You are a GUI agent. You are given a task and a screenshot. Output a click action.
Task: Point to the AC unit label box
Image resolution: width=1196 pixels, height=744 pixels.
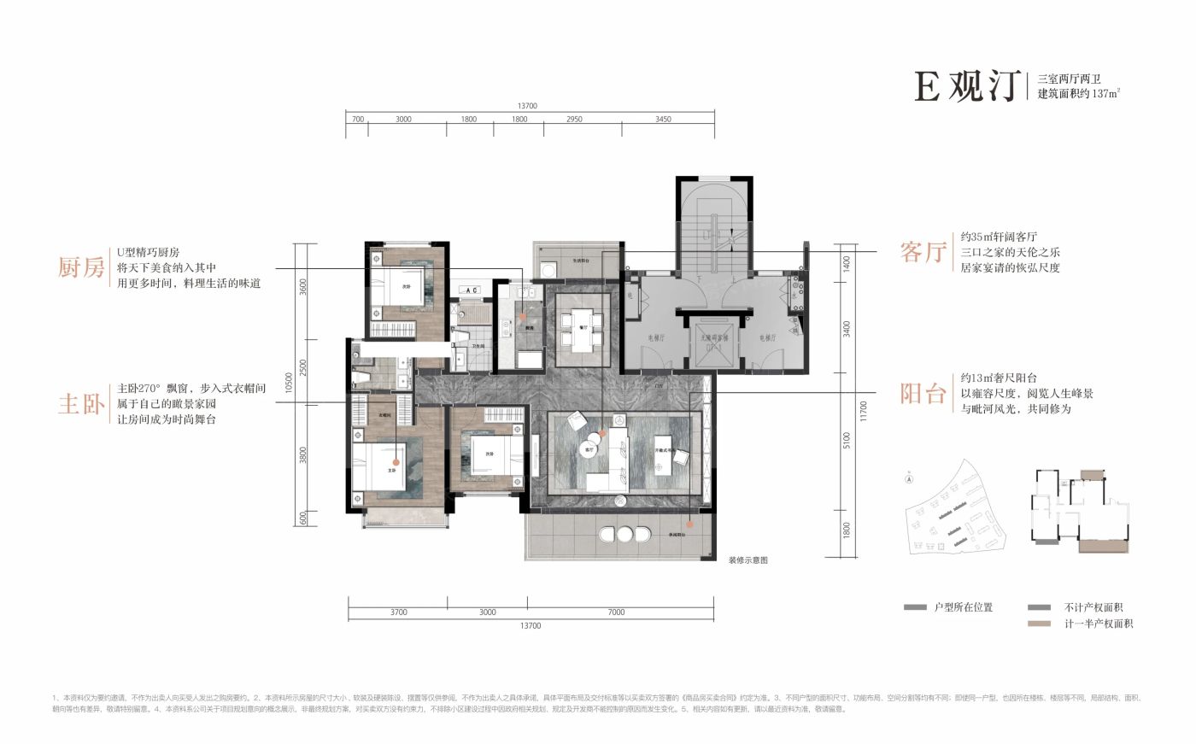[x=472, y=290]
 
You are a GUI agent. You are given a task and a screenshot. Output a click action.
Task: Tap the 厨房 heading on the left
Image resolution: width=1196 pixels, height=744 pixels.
[x=81, y=267]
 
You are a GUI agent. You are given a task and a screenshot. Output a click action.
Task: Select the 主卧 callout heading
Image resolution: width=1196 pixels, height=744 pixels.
[x=81, y=403]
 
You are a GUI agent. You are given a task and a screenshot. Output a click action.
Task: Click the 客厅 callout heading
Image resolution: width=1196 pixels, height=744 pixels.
[x=924, y=252]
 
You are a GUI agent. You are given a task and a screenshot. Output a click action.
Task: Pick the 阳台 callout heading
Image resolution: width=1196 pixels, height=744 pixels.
[x=924, y=394]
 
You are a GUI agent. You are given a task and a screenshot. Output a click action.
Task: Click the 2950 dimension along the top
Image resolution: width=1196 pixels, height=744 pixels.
[x=574, y=120]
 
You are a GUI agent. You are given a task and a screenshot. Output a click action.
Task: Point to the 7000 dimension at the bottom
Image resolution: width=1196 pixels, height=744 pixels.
[x=617, y=612]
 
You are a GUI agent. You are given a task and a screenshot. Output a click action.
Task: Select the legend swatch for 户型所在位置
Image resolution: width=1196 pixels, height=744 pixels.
[x=915, y=607]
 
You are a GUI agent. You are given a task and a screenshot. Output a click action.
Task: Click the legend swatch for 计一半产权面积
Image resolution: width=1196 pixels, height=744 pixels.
[x=1040, y=624]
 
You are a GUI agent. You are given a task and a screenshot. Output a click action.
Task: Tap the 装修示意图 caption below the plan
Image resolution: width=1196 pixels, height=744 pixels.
[x=748, y=561]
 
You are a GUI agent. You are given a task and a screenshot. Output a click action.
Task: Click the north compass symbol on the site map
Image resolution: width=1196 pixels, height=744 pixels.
[x=909, y=480]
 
